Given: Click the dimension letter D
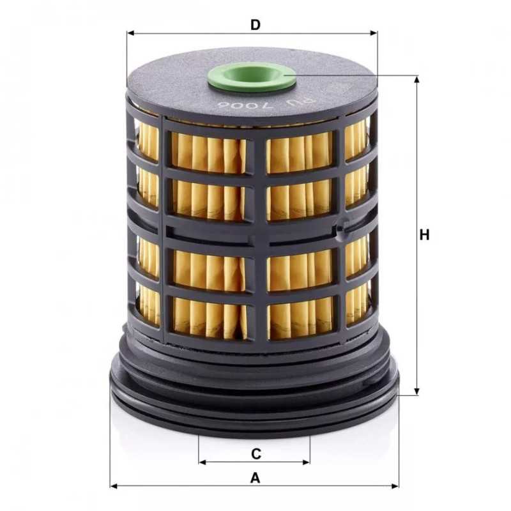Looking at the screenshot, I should pyautogui.click(x=256, y=25).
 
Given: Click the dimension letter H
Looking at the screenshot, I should pyautogui.click(x=424, y=235).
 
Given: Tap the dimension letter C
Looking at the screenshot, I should pyautogui.click(x=256, y=454).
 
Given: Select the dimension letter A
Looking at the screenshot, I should pyautogui.click(x=256, y=478).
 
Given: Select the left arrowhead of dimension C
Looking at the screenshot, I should pyautogui.click(x=202, y=462).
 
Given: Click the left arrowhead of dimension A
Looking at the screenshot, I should pyautogui.click(x=114, y=486).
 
